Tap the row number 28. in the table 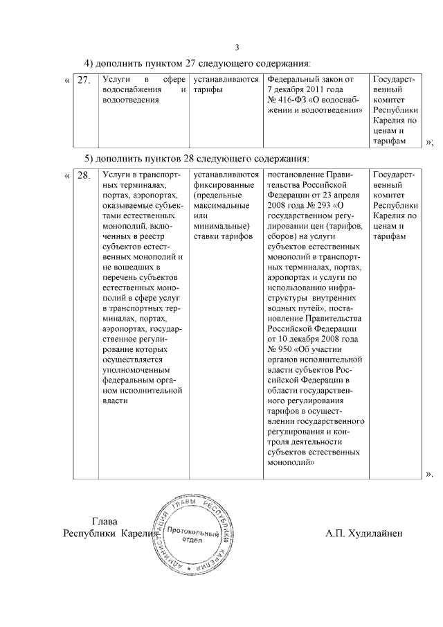84,177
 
